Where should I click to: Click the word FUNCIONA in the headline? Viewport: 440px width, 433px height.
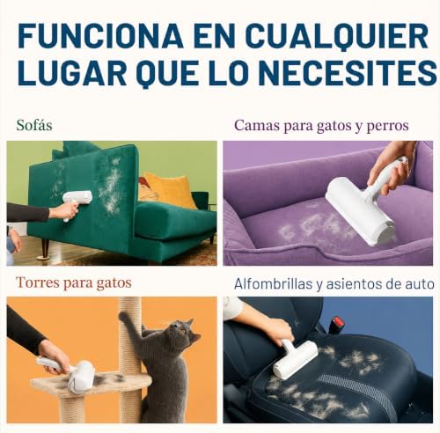tap(100, 36)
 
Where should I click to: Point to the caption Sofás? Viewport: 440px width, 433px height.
tap(34, 125)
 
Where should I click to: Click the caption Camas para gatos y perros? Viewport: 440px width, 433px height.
tap(321, 126)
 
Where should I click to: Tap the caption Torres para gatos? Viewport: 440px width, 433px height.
tap(74, 283)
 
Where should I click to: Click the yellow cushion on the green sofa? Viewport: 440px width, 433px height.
tap(170, 189)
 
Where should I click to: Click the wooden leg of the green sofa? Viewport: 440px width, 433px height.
tap(45, 249)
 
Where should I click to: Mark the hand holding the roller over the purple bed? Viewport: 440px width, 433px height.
tap(389, 170)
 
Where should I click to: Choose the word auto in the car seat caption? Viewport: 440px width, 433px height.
tap(421, 284)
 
